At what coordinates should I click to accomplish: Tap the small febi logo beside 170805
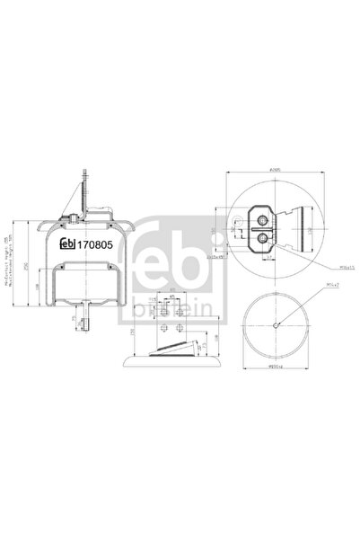[66, 242]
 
